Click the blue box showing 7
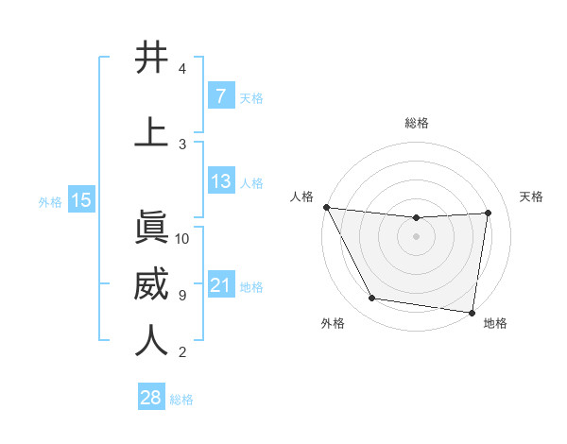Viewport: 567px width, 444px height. [x=220, y=96]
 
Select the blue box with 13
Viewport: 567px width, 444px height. [x=220, y=180]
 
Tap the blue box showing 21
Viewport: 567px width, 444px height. [x=220, y=285]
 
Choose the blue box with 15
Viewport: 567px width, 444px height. [x=80, y=200]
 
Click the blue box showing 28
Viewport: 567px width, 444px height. [x=150, y=398]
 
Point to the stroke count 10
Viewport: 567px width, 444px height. [x=182, y=238]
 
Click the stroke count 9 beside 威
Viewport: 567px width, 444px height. [x=181, y=295]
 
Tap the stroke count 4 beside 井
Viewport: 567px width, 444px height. [x=181, y=69]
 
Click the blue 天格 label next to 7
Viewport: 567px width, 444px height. [x=251, y=97]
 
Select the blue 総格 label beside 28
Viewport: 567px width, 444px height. [x=181, y=399]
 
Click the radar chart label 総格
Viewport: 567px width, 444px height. [x=416, y=123]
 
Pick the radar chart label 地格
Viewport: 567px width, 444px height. [x=495, y=323]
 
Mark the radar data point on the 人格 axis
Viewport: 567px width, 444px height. [x=326, y=207]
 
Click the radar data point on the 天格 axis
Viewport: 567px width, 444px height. [x=488, y=213]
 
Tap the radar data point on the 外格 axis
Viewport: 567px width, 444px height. [x=372, y=299]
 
